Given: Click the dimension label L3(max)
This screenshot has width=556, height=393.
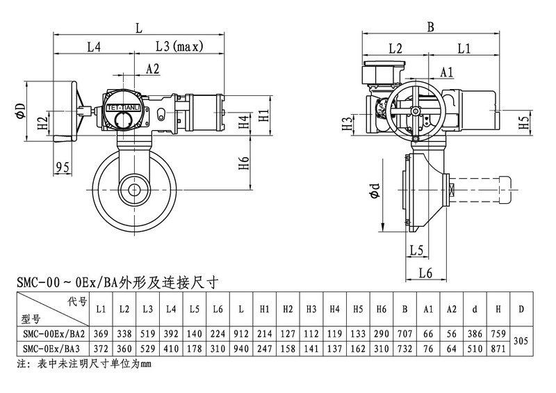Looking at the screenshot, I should coord(178,47).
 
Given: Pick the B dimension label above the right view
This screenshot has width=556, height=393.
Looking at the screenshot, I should coord(430,27).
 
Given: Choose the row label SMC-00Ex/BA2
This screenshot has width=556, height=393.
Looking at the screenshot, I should coord(53,334).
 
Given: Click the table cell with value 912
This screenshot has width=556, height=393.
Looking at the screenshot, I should coord(240,334).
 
